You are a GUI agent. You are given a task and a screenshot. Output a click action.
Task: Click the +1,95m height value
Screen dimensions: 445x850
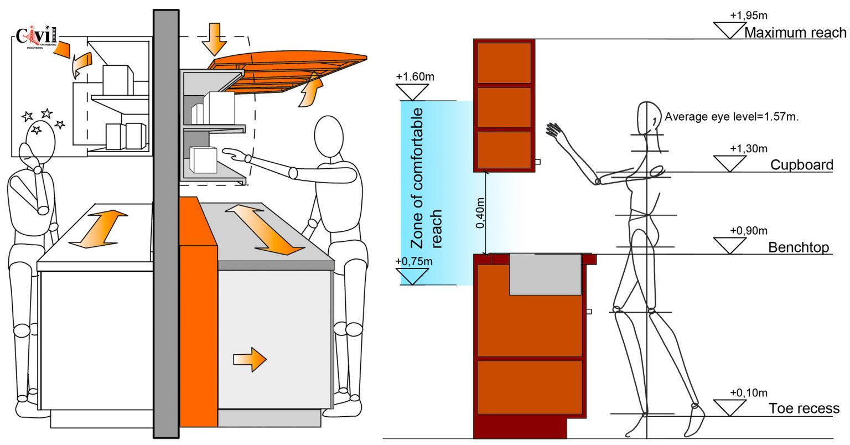(748, 15)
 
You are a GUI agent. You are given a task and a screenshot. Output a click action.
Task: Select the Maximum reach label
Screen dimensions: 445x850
(795, 33)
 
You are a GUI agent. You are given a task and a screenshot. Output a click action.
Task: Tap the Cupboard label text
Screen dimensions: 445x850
(801, 165)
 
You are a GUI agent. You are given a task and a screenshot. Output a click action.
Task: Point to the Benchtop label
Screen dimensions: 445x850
(799, 247)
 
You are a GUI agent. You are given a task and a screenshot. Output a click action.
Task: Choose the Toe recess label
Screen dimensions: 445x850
(804, 408)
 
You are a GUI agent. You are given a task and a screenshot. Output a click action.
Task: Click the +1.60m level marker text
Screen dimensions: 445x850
(415, 76)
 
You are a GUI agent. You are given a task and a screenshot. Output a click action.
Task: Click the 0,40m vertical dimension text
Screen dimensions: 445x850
(480, 213)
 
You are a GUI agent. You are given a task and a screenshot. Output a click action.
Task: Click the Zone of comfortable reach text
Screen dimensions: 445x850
(426, 178)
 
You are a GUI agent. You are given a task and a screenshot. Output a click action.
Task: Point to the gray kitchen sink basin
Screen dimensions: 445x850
(545, 274)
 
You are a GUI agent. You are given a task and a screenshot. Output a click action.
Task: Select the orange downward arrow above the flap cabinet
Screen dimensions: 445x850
(214, 39)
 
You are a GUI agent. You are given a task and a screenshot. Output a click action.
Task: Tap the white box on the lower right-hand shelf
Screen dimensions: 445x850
(203, 159)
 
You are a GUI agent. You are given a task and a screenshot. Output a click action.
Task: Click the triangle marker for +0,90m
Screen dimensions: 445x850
(729, 245)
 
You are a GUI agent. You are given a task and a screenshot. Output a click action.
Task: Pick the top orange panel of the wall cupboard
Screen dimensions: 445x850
(504, 63)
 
